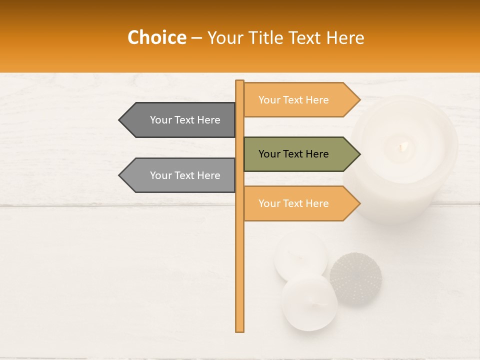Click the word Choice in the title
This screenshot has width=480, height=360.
[156, 38]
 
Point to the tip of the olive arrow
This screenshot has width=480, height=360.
[359, 154]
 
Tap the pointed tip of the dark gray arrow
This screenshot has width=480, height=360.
[120, 120]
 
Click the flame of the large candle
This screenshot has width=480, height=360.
[403, 146]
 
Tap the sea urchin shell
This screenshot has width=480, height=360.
[355, 278]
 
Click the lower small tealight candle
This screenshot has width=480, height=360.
[309, 302]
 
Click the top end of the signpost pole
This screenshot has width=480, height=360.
[239, 82]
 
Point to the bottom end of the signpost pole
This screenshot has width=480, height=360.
[239, 330]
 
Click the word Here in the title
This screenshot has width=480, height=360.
[345, 38]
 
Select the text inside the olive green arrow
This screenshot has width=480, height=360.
[293, 154]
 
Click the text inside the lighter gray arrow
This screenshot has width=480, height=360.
[185, 175]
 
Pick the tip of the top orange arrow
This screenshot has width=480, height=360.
[359, 100]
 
